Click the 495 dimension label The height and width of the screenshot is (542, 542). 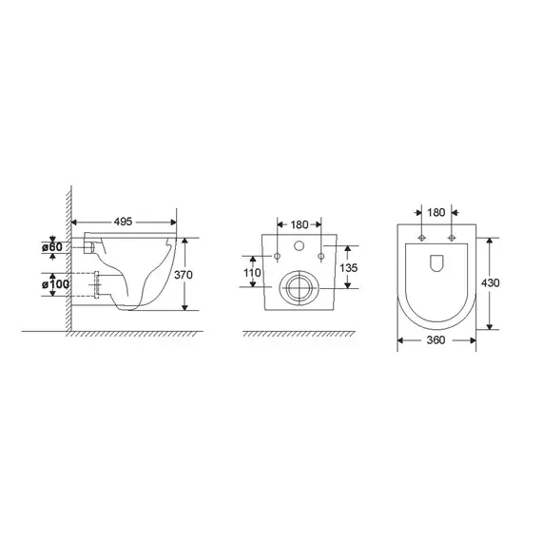124,222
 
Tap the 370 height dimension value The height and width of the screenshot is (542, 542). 184,275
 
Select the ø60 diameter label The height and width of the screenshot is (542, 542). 52,247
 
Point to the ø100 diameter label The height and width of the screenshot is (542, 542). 55,284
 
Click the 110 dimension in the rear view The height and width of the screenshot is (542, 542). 252,273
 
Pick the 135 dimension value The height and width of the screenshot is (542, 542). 348,268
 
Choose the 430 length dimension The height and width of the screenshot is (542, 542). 491,283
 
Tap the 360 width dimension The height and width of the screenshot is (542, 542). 436,340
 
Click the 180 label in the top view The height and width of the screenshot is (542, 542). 436,212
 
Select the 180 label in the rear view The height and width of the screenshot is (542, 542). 299,225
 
